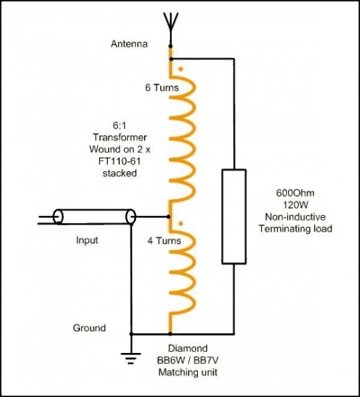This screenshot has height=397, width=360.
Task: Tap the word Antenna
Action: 129,44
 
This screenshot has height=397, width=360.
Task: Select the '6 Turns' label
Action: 162,87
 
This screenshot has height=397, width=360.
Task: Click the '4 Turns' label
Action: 164,240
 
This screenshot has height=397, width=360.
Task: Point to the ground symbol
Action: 130,357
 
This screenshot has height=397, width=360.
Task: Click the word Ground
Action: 89,328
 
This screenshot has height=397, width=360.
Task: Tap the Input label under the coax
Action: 87,240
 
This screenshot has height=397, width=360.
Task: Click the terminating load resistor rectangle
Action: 234,217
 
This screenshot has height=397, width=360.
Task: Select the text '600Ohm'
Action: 295,193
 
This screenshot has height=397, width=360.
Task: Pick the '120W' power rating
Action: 295,205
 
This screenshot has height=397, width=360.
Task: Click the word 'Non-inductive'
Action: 295,217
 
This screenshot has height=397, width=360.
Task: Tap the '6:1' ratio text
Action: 120,125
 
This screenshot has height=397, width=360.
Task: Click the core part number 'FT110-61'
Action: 120,161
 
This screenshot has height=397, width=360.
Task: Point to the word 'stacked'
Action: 120,173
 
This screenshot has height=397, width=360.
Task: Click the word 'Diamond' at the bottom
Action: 188,348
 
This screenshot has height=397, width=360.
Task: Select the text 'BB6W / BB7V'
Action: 188,360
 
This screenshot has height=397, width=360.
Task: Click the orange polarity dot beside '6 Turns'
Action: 181,69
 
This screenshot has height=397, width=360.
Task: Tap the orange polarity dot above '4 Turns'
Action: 181,223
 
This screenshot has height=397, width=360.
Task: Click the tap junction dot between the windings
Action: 168,216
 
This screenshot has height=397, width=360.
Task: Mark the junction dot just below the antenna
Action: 170,46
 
